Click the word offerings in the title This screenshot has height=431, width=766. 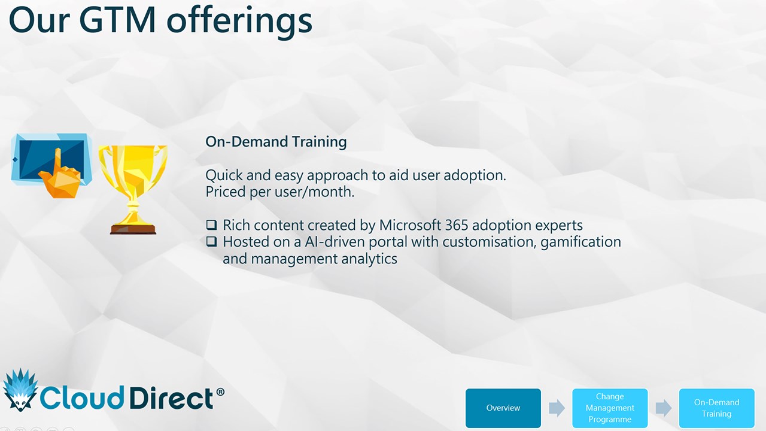pos(239,21)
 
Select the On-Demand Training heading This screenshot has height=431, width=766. pos(276,142)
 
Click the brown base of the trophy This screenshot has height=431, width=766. pos(133,229)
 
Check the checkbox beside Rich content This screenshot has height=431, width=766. pos(212,224)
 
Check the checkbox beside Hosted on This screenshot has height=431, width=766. pos(212,241)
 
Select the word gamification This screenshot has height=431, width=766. pos(580,242)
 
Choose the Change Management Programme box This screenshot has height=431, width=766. pos(610,408)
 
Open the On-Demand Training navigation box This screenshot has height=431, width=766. pos(716,408)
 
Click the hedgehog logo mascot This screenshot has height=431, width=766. pos(20,390)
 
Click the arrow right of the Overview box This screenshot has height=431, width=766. pos(557,408)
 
